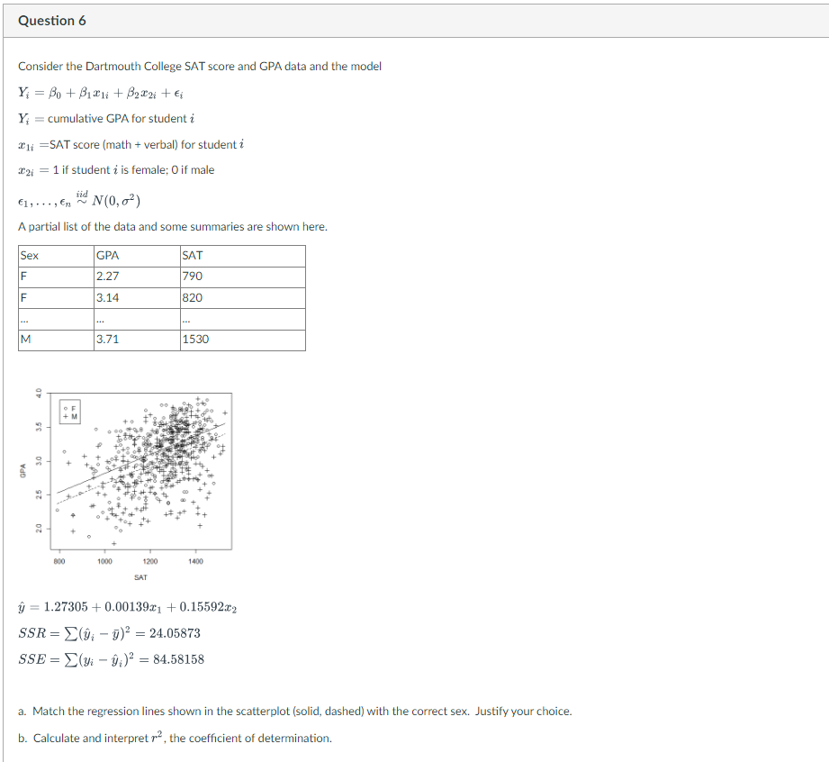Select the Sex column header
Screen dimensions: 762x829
pos(31,256)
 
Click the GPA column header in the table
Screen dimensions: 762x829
pos(108,256)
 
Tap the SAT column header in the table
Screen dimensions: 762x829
pos(193,256)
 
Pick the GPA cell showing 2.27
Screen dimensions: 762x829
pos(107,277)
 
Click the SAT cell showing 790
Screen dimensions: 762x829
pos(193,277)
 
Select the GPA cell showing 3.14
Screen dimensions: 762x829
pos(107,297)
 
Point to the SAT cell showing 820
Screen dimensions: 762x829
pos(193,297)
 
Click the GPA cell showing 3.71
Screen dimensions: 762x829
pos(107,340)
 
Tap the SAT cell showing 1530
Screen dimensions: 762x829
pos(196,340)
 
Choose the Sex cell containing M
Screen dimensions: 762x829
pos(27,340)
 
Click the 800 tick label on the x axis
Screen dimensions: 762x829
pos(60,561)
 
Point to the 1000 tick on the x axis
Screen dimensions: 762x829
pos(105,561)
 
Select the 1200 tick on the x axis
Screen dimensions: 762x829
pos(150,561)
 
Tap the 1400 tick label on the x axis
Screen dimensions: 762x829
pos(196,561)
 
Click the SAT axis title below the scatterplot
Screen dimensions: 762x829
pos(140,576)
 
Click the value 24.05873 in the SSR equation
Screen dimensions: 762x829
pos(170,633)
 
